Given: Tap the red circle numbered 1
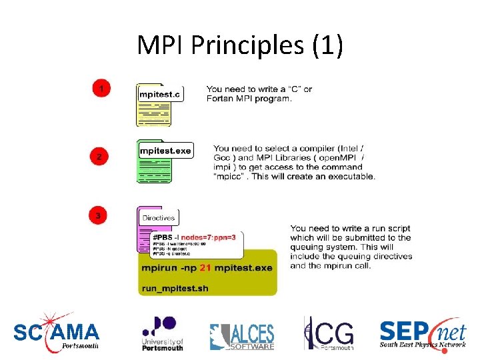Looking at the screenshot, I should pos(101,88).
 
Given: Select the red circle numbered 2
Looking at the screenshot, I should pos(99,157).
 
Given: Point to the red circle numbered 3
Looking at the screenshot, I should pos(99,215).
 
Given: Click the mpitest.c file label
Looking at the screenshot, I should pos(159,94).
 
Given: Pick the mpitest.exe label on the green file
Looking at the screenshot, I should pos(165,151).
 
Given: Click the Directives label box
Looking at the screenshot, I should pos(159,217).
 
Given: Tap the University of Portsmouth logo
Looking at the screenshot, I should pos(162,333).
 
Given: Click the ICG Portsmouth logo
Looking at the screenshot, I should pos(329,333).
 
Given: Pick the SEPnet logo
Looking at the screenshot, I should pos(422,333).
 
